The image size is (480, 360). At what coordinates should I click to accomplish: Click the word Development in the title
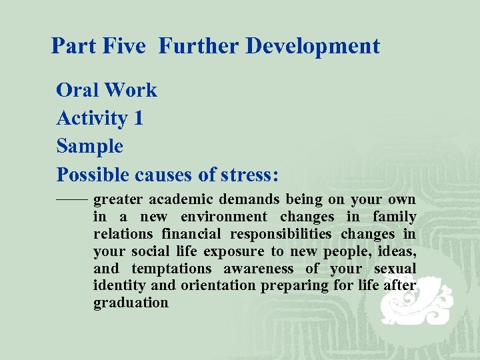click(x=313, y=46)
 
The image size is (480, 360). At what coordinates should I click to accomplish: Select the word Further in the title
click(x=199, y=46)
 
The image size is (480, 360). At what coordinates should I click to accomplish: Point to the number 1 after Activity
click(x=138, y=118)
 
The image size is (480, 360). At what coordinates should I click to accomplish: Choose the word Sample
click(x=90, y=146)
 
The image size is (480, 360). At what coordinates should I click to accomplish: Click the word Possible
click(x=93, y=174)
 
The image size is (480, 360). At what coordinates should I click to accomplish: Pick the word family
click(x=394, y=217)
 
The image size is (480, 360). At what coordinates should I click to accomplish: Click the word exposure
click(x=239, y=251)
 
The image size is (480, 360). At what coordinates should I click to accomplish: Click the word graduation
click(x=131, y=303)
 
